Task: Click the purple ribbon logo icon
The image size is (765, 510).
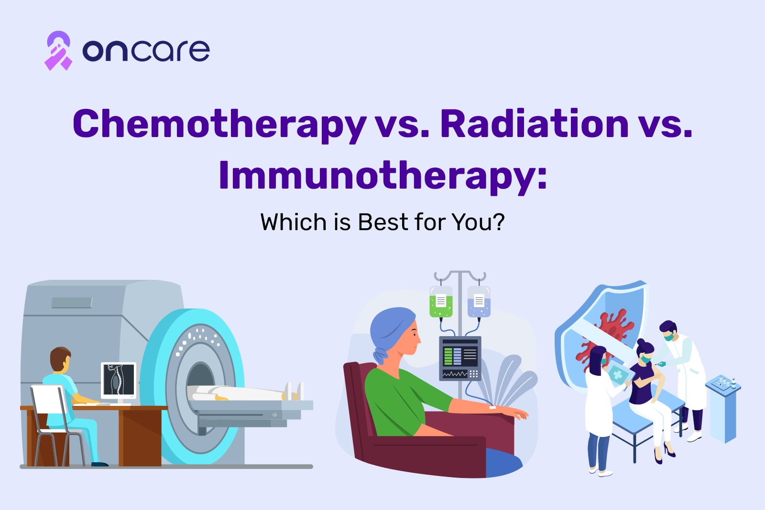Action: pos(58,51)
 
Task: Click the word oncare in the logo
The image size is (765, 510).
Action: pos(146,51)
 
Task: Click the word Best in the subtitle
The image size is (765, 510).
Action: pos(383,222)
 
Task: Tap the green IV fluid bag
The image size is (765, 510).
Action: pos(441,301)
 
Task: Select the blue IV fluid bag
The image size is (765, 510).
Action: pos(479,301)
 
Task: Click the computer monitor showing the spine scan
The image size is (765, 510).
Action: pos(119,380)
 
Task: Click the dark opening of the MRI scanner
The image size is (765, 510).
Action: pos(200,376)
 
